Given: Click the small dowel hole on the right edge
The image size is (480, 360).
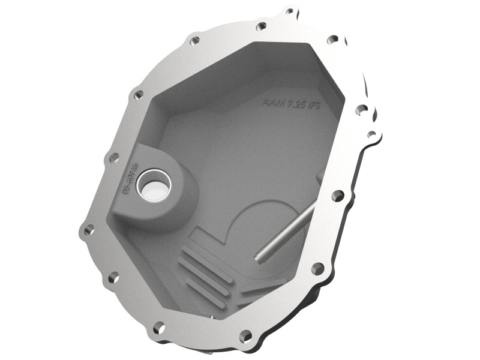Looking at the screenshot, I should pos(371,134).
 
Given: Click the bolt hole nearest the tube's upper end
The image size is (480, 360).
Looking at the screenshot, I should pos(338,196).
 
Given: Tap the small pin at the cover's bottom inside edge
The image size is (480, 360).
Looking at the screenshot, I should pos(211,313).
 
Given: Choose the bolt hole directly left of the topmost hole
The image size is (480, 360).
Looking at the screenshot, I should pos(261,26).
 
